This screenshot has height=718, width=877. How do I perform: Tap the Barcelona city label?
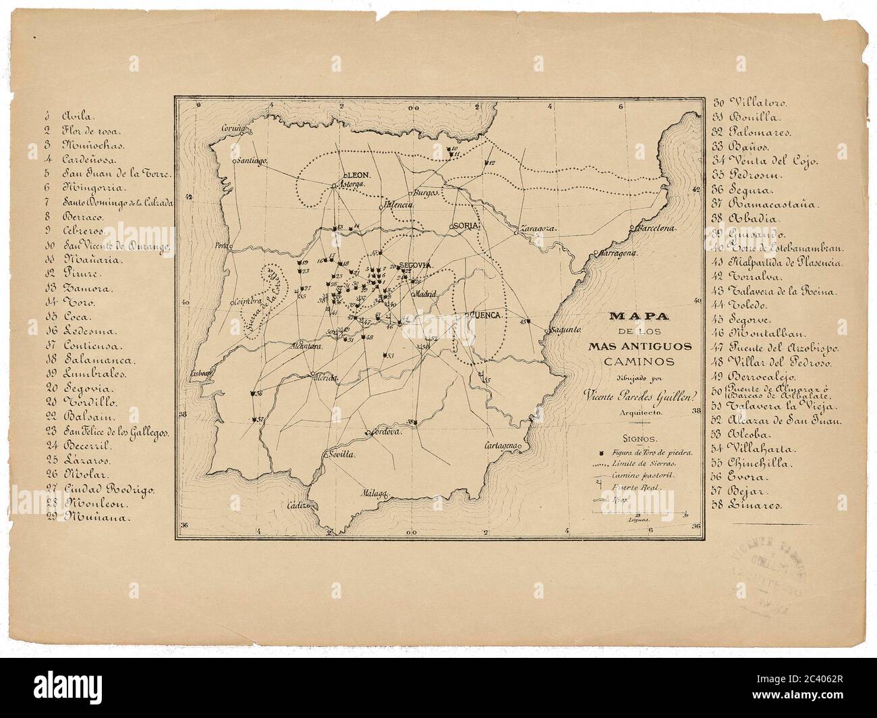point(654,228)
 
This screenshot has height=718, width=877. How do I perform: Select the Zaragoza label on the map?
point(538,229)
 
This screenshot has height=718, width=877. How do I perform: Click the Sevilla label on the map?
point(339,456)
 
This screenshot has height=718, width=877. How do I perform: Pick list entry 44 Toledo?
point(742,305)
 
